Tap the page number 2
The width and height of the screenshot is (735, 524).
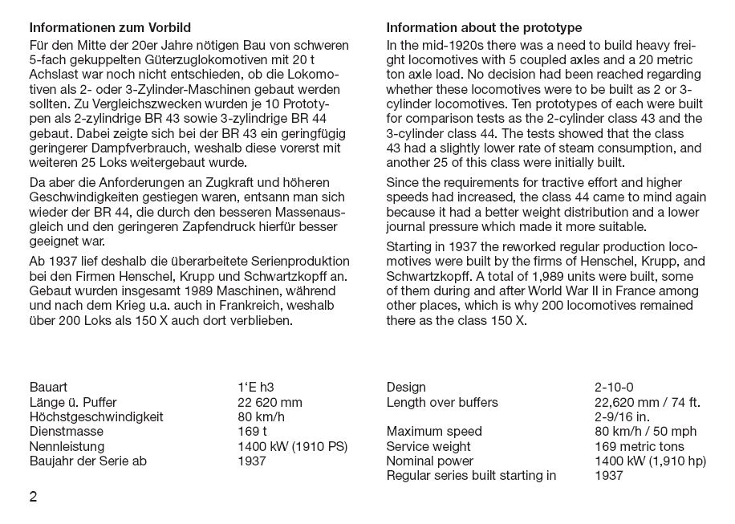click(34, 496)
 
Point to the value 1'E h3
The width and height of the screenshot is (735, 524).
click(258, 388)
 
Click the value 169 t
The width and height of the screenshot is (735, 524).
click(253, 432)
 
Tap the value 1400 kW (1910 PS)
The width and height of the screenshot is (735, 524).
click(293, 446)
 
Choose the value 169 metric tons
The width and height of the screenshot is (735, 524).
click(640, 447)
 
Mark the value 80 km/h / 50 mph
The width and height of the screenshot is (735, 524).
click(646, 432)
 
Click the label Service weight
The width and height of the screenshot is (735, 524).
click(428, 447)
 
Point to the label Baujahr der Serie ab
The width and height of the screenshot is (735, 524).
click(88, 461)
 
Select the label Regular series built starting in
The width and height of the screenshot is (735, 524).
click(471, 476)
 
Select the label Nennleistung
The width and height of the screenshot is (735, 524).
click(67, 446)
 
